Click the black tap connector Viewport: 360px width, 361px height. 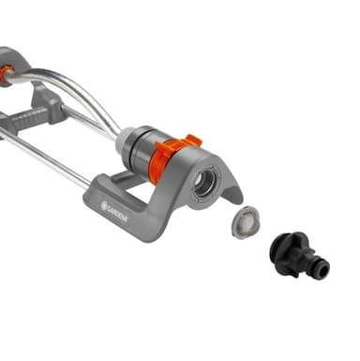tap(298, 256)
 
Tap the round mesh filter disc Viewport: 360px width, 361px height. tap(246, 221)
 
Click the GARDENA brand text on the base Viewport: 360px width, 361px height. tap(117, 213)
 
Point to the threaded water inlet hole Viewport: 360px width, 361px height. tap(205, 185)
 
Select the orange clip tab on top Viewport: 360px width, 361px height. tap(190, 141)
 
